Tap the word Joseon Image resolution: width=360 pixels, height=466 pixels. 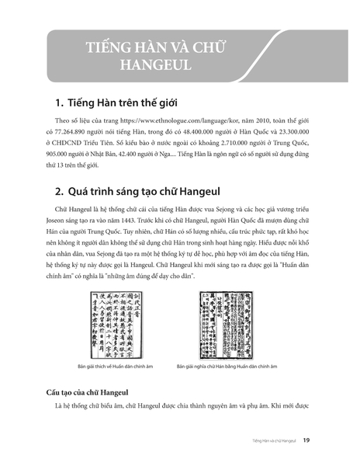pyautogui.click(x=60, y=221)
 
